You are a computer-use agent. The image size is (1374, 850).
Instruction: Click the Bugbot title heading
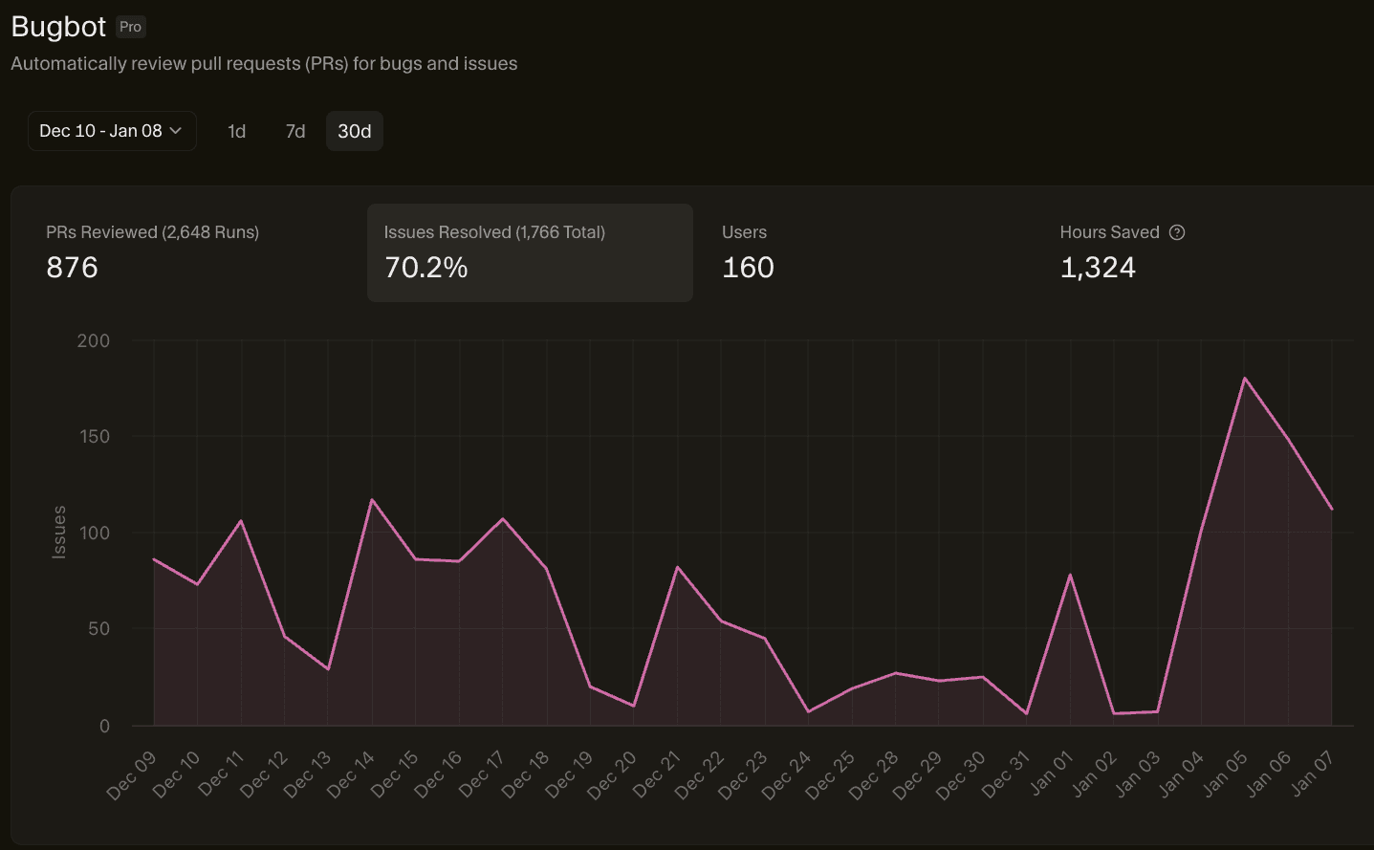click(58, 27)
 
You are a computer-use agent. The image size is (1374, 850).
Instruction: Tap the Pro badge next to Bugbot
click(130, 27)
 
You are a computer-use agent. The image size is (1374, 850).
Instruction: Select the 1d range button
click(236, 131)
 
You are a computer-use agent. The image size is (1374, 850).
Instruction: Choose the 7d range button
click(295, 131)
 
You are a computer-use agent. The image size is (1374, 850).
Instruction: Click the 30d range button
click(354, 131)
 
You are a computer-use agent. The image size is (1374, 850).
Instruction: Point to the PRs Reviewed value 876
click(72, 268)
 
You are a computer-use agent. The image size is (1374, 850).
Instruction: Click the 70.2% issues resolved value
click(425, 268)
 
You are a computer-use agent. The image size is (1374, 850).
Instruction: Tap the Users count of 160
click(748, 268)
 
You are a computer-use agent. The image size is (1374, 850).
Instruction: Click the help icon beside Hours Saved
click(1177, 232)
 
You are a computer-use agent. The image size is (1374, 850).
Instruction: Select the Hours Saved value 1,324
click(1098, 268)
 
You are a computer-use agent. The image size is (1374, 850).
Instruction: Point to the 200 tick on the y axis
click(94, 340)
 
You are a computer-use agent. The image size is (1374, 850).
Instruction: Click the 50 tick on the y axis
click(98, 628)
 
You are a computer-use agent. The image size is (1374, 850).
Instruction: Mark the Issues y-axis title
click(59, 532)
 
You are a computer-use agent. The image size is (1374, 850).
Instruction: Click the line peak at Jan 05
click(1244, 379)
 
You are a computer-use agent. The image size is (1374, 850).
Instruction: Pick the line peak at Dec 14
click(372, 499)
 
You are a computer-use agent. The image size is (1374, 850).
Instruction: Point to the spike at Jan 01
click(1070, 575)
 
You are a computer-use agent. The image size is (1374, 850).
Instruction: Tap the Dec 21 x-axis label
click(658, 774)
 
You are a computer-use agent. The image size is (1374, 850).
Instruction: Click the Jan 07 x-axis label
click(1312, 774)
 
